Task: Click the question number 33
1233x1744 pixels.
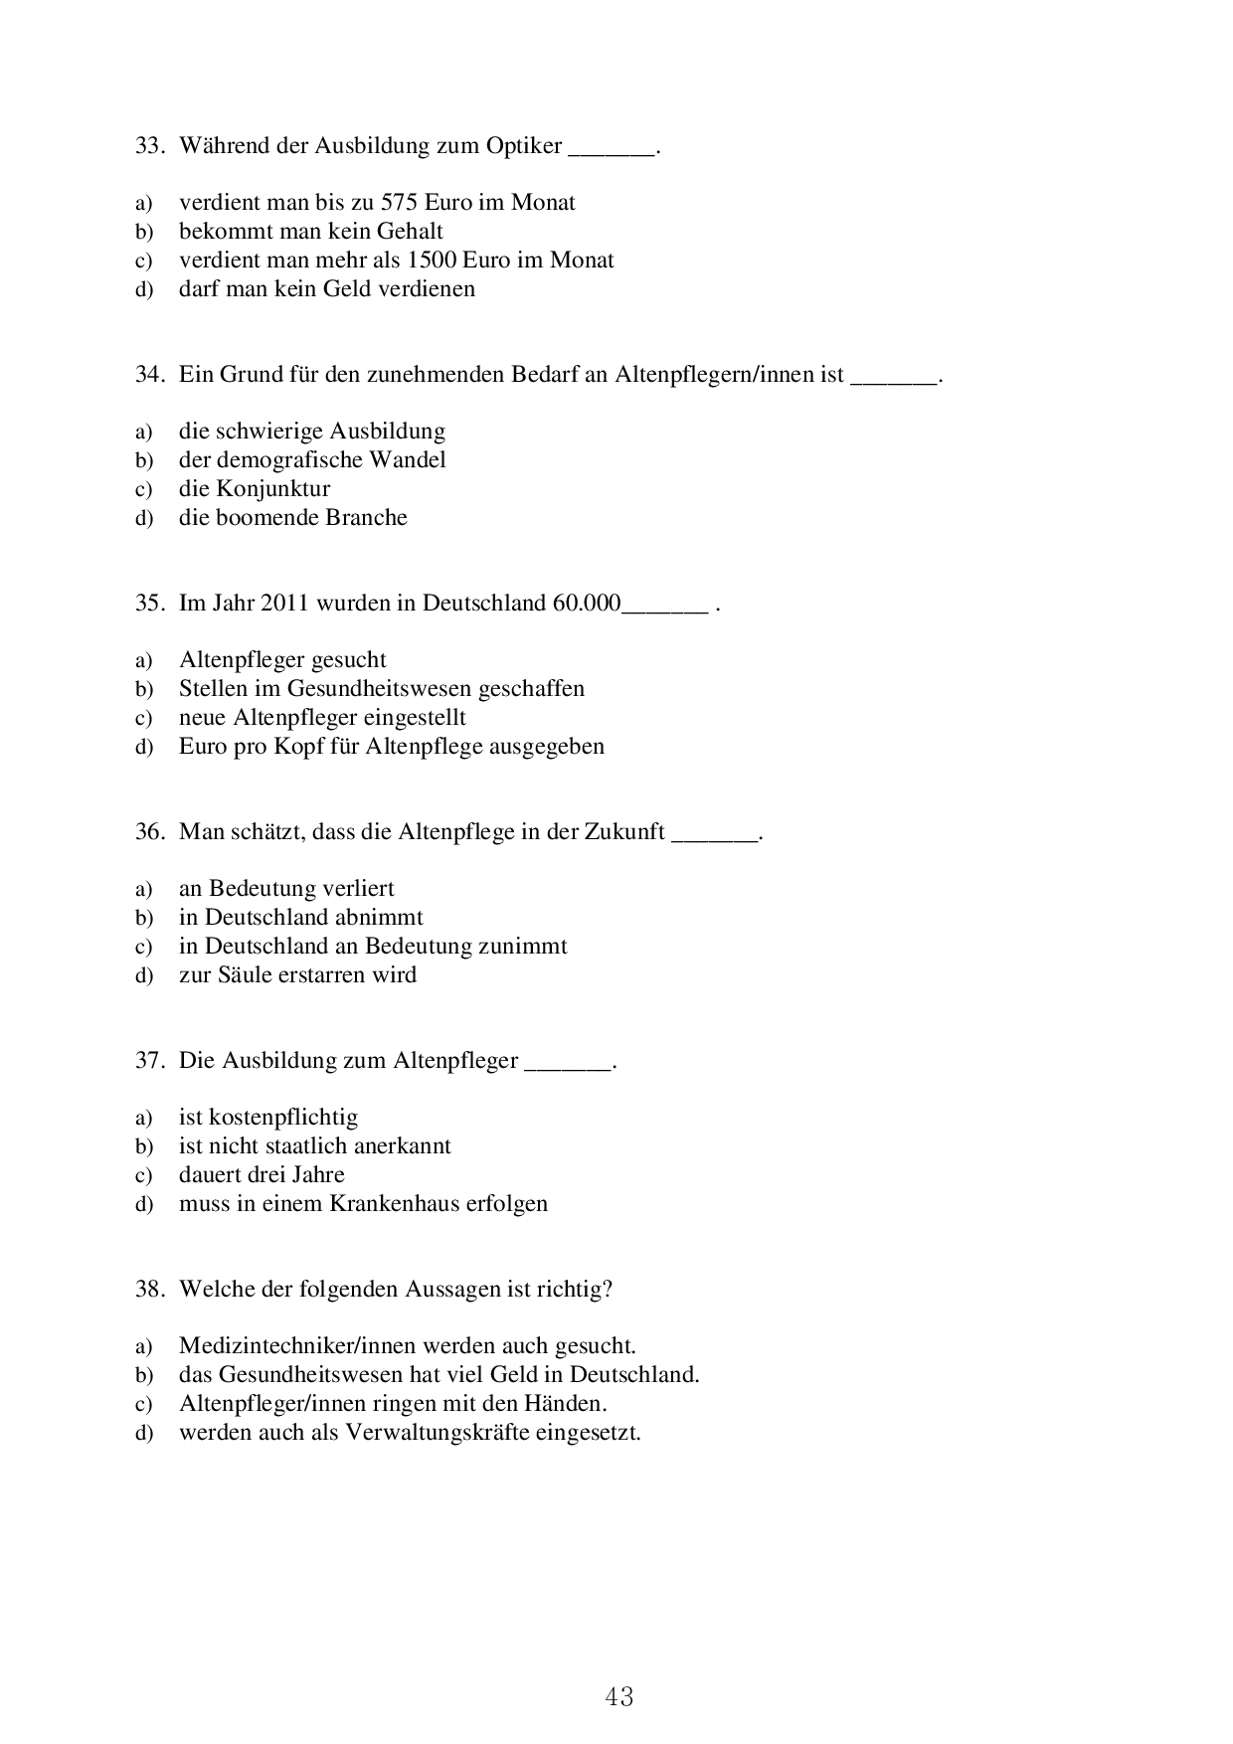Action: click(x=148, y=146)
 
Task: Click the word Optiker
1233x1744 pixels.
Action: click(x=524, y=146)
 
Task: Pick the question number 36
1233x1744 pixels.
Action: click(x=148, y=832)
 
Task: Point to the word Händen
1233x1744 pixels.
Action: click(x=569, y=1404)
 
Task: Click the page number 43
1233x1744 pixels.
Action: click(x=618, y=1696)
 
